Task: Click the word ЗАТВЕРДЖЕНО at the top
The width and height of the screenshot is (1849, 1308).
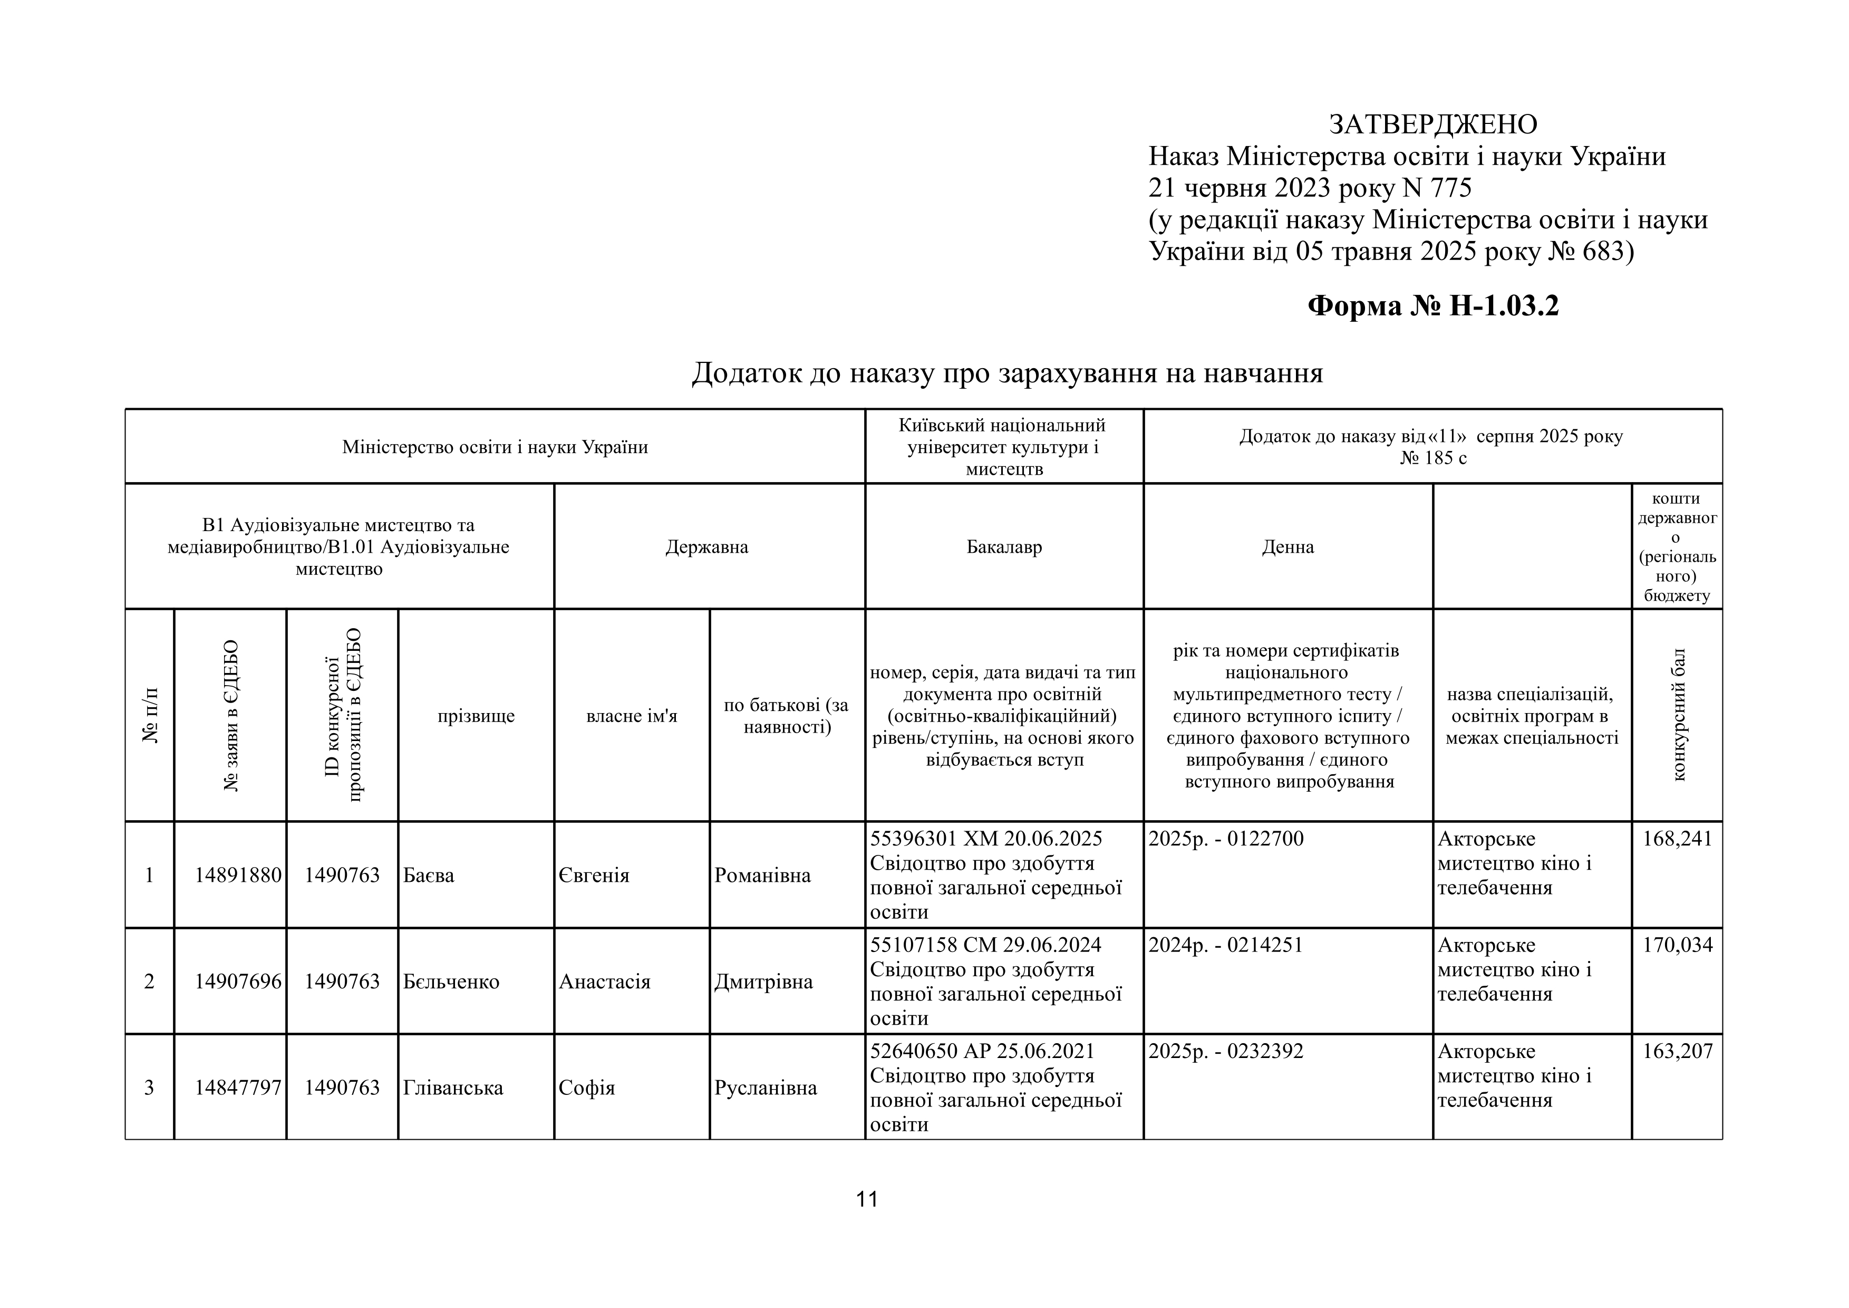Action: click(1432, 124)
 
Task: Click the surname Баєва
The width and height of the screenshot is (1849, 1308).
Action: click(429, 876)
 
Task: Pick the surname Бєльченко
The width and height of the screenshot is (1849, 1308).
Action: click(451, 982)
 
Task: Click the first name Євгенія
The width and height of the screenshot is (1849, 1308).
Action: click(594, 876)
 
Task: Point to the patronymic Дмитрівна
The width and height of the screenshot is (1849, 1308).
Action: click(763, 982)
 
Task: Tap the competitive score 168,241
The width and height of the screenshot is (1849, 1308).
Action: click(1678, 839)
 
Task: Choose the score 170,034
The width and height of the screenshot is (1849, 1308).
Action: click(1678, 946)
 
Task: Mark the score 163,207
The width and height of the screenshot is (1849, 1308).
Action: click(1678, 1052)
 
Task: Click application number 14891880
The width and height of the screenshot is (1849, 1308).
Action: click(238, 876)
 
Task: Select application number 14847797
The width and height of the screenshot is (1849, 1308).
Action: click(238, 1088)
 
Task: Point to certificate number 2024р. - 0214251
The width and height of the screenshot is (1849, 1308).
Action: click(1226, 946)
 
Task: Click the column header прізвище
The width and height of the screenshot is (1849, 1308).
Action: click(476, 716)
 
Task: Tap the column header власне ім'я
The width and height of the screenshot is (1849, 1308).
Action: click(632, 716)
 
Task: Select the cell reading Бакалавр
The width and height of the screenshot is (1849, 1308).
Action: click(1004, 547)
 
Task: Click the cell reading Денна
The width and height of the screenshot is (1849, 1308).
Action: click(1287, 547)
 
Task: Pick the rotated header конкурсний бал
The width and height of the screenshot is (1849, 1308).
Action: click(1678, 715)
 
